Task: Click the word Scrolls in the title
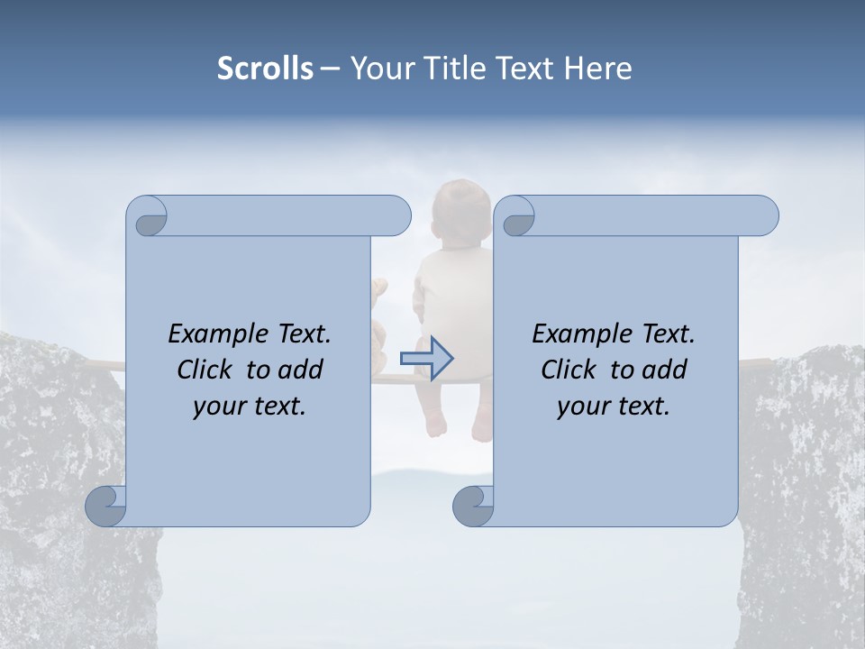pyautogui.click(x=266, y=69)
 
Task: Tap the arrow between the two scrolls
pyautogui.click(x=427, y=358)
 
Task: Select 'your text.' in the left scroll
pyautogui.click(x=250, y=407)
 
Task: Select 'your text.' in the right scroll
pyautogui.click(x=614, y=407)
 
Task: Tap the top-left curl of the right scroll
pyautogui.click(x=515, y=217)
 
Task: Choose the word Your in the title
pyautogui.click(x=382, y=69)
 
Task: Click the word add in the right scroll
pyautogui.click(x=666, y=370)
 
